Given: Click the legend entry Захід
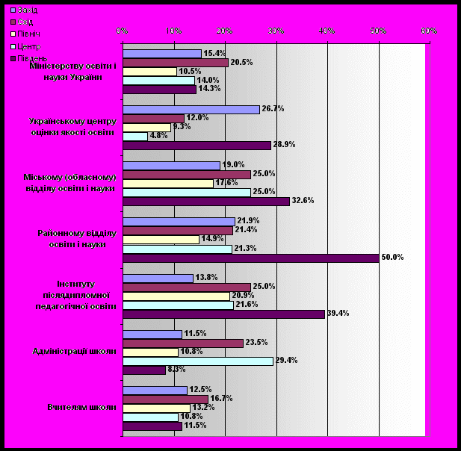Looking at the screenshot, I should pos(26,10).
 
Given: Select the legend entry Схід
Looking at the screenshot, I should pos(25,22).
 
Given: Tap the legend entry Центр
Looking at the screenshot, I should pos(26,46).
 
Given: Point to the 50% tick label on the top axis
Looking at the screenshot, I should pos(378,31).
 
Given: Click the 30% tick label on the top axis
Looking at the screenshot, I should pos(276,31).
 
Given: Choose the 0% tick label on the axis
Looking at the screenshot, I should pos(123,31).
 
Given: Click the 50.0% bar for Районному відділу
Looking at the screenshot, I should pos(250,258).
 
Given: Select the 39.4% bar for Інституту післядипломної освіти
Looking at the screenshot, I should pos(223,314).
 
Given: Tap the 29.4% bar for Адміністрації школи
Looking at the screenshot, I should pos(197,361).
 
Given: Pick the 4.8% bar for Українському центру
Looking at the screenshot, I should pos(134,136).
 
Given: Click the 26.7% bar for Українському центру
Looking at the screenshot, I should pos(191,109).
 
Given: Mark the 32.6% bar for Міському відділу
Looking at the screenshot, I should pos(205,202).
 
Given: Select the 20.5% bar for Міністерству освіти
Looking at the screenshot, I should pos(175,63).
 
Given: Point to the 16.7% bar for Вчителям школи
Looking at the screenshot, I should pos(165,399).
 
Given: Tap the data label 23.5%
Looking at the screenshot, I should pos(256,343).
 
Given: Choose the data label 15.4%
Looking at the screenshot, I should pos(214,53).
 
